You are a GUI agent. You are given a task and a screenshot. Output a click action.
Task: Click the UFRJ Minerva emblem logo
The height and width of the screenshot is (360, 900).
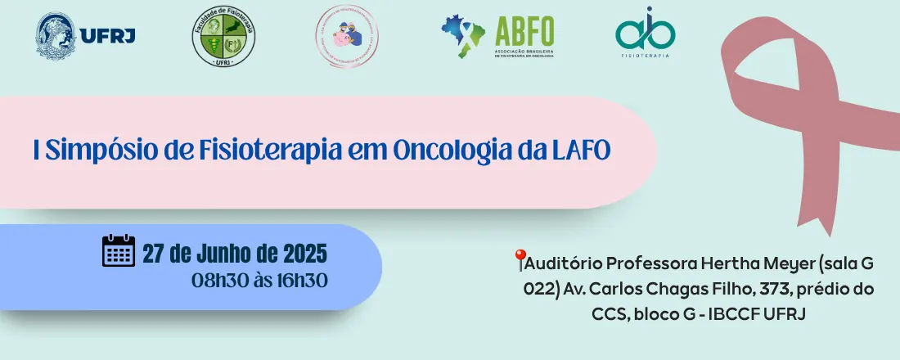(56, 35)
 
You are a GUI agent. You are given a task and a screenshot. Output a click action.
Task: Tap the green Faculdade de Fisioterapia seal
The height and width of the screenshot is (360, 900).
(223, 38)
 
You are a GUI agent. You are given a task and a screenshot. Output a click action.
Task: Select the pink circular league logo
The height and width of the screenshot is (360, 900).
(347, 37)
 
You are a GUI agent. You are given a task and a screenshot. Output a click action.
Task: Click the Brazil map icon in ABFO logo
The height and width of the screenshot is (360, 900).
(462, 35)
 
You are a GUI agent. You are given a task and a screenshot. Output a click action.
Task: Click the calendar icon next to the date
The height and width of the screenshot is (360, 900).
(118, 251)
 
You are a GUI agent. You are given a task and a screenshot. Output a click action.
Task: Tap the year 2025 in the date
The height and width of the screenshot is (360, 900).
(305, 252)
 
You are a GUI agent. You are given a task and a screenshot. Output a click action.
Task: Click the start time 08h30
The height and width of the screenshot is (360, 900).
(217, 280)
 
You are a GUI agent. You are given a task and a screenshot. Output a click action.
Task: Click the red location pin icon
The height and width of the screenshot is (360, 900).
(519, 260)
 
